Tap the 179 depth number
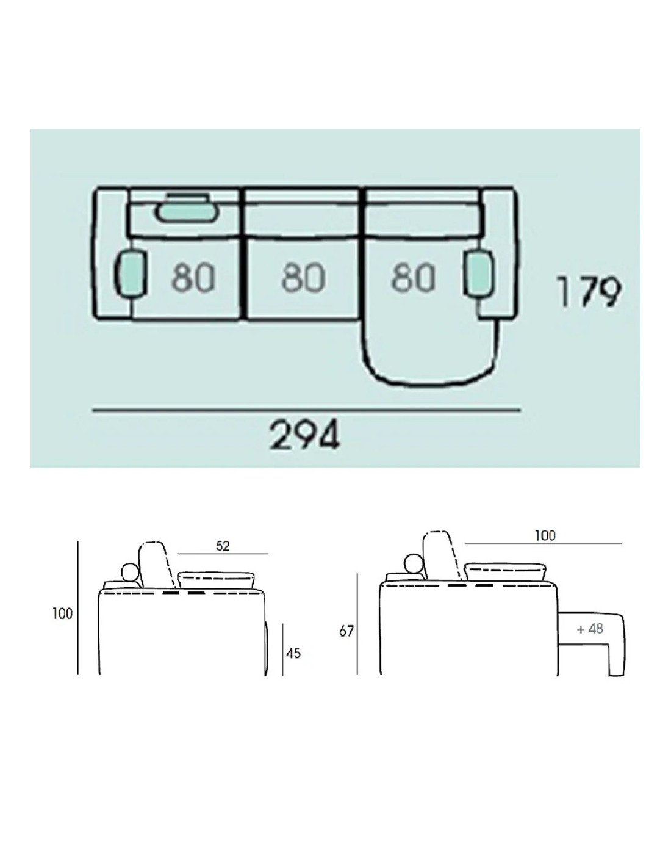(589, 291)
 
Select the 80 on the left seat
(193, 277)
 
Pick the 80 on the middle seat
(303, 277)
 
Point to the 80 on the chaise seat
(412, 277)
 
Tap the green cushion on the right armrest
(480, 273)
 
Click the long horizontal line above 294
(307, 410)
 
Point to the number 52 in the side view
(223, 546)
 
